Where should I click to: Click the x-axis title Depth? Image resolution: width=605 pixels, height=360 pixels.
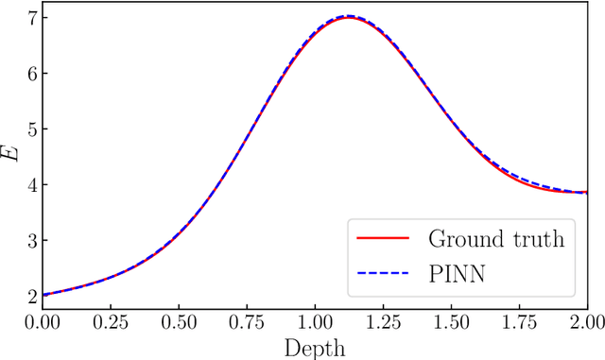coord(315,347)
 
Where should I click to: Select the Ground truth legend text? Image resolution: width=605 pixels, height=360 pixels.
coord(496,238)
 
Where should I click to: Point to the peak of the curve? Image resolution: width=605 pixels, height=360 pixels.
coord(349,16)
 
